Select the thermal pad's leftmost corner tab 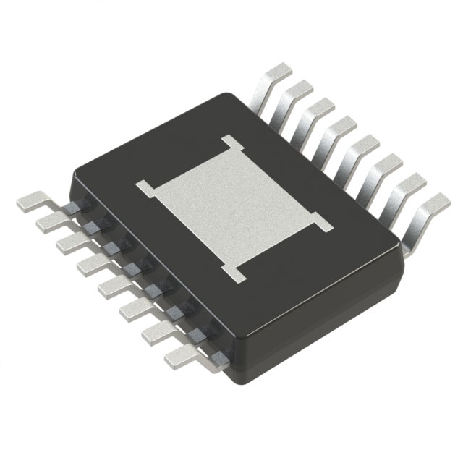tap(144, 189)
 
